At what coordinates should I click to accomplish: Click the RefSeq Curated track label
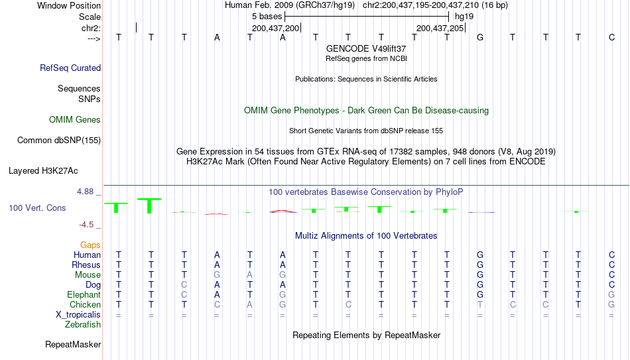[70, 68]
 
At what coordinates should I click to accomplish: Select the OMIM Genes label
[75, 120]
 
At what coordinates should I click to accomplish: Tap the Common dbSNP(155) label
[59, 141]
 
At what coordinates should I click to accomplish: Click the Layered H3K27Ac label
[43, 171]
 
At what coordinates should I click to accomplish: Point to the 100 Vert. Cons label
[37, 208]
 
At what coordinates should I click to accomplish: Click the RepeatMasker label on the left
[73, 344]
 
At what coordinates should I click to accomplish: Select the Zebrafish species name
[83, 324]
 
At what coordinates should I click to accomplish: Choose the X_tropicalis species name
[78, 315]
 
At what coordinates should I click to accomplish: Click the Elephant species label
[84, 294]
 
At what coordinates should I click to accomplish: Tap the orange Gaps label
[90, 245]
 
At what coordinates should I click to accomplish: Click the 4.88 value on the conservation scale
[85, 192]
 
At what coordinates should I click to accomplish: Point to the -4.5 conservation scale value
[86, 225]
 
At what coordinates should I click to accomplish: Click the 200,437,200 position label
[276, 28]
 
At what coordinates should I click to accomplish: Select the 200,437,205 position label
[440, 28]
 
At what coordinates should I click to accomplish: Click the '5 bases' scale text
[267, 17]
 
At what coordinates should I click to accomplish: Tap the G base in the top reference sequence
[479, 37]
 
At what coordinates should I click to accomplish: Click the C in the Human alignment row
[611, 255]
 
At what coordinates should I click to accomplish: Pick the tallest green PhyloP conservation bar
[149, 206]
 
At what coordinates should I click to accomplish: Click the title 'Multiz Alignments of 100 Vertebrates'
[366, 235]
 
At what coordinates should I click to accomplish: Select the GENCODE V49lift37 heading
[366, 48]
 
